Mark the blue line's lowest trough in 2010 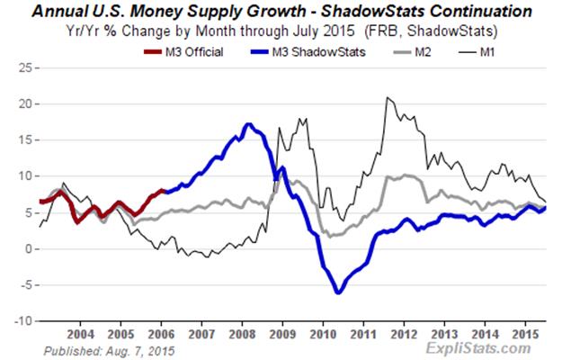338,292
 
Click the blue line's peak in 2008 249,124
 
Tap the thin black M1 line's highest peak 387,97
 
